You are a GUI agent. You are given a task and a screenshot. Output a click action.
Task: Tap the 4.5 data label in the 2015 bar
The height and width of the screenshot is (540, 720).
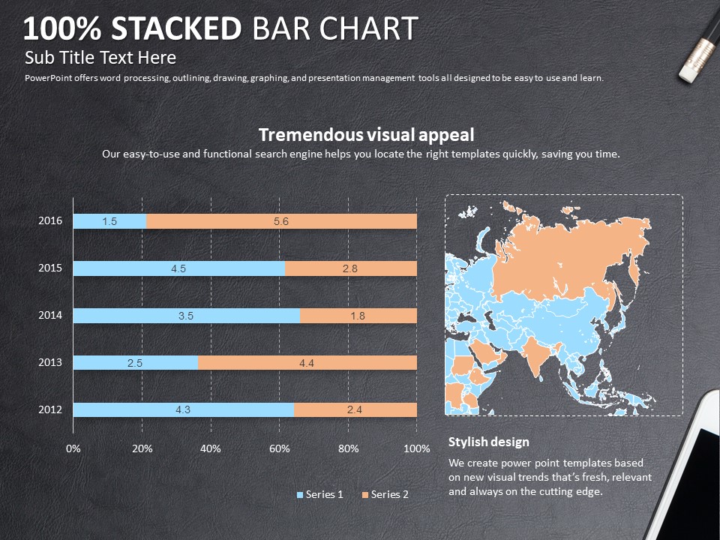(178, 268)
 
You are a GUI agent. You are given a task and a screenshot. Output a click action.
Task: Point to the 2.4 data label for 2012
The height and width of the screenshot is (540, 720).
(355, 410)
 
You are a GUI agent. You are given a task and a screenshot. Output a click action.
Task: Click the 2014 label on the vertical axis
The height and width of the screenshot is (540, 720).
(50, 316)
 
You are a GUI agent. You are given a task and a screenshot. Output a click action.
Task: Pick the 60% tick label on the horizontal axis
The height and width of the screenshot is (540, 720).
(280, 448)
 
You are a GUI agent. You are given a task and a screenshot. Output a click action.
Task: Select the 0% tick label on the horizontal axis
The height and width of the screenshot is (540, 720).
(73, 448)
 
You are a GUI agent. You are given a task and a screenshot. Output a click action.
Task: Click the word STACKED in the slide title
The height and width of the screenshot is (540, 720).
(177, 28)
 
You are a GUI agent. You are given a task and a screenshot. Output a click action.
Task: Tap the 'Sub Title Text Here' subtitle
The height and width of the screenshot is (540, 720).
(100, 58)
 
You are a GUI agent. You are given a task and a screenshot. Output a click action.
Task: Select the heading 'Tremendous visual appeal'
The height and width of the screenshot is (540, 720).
(366, 135)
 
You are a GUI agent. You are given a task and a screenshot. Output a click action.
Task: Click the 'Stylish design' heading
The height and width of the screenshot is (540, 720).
(488, 442)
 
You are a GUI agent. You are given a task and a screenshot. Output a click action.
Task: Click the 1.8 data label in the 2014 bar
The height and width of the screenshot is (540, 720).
(358, 316)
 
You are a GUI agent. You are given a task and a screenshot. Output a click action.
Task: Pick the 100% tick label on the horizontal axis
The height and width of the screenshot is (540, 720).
(417, 448)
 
